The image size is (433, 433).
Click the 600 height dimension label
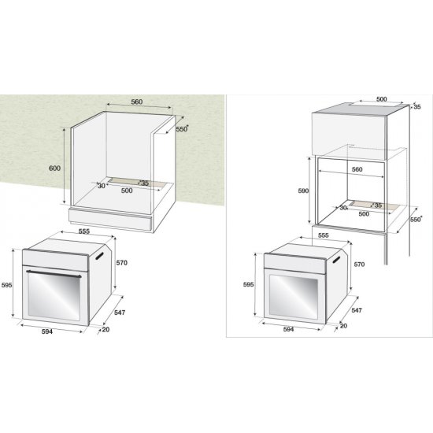point(54,168)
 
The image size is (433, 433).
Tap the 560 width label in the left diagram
point(136,102)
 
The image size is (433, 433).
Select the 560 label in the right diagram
point(357,169)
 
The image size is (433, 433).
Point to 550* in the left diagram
point(183,129)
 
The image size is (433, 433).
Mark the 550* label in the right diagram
point(416,221)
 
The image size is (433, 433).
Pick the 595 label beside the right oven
point(248,285)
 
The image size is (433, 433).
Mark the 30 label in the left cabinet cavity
point(102,186)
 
